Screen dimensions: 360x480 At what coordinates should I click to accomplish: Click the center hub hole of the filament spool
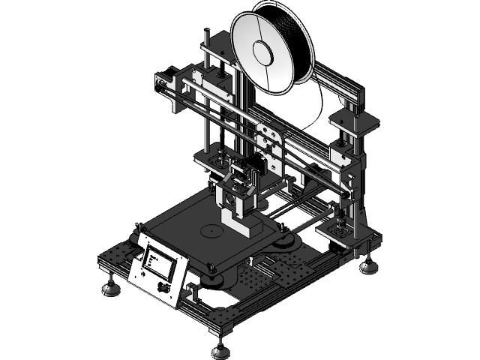click(264, 52)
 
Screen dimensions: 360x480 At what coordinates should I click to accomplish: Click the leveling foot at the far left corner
click(112, 287)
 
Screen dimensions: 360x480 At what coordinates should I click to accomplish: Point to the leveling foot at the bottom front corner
click(220, 349)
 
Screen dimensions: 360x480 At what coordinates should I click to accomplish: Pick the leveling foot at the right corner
click(367, 266)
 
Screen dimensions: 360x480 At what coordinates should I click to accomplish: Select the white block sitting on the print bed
click(244, 226)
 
